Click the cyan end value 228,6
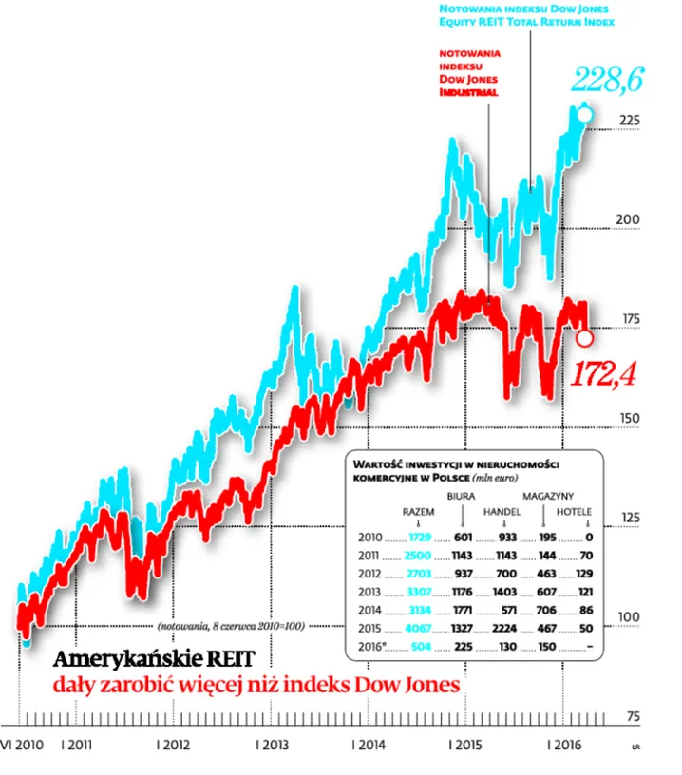607,81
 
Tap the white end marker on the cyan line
584,115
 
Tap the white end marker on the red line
585,337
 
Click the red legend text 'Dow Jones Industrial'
468,86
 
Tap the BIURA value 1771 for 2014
463,609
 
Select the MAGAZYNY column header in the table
549,495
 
